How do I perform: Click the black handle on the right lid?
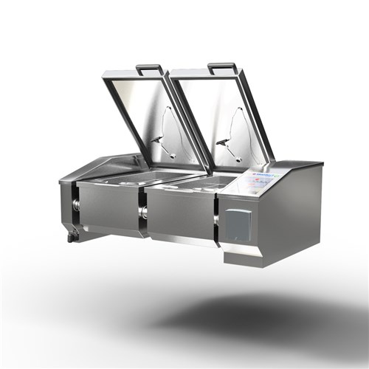(223, 67)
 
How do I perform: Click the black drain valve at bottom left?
(72, 236)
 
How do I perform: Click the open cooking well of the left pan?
(140, 177)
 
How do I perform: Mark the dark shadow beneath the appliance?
(258, 310)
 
